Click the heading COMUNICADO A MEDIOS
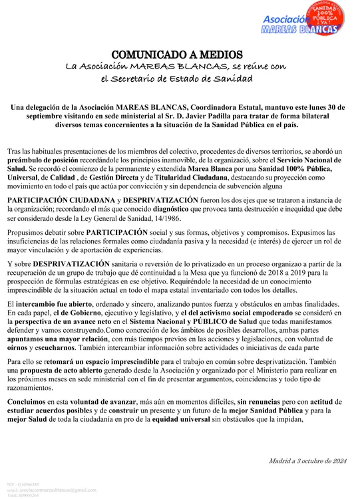pyautogui.click(x=180, y=53)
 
